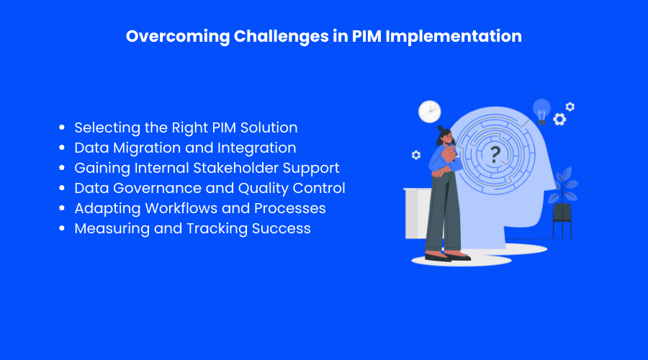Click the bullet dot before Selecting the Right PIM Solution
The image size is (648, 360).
pyautogui.click(x=62, y=127)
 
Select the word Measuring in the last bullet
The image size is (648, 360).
pyautogui.click(x=112, y=229)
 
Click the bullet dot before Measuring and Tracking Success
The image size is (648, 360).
pyautogui.click(x=62, y=228)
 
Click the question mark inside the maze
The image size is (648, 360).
pyautogui.click(x=495, y=155)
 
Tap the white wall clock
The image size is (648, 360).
pyautogui.click(x=430, y=112)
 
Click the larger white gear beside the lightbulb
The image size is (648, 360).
pyautogui.click(x=559, y=120)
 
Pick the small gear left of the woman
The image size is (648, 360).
pyautogui.click(x=416, y=155)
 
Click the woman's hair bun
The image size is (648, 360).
pyautogui.click(x=440, y=129)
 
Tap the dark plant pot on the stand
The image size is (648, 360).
pyautogui.click(x=562, y=212)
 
